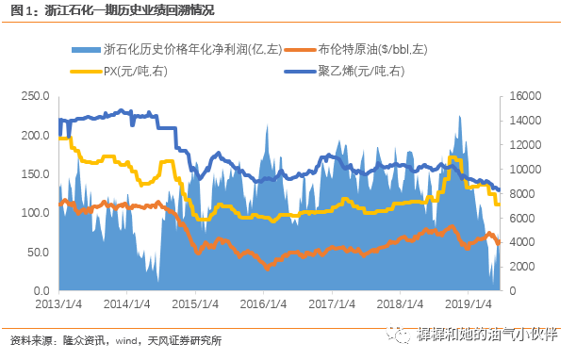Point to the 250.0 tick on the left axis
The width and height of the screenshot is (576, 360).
pos(34,95)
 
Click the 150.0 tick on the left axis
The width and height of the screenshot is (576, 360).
pos(34,173)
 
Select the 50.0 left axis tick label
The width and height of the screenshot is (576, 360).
pos(37,252)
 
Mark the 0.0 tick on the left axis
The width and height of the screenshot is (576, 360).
pos(41,290)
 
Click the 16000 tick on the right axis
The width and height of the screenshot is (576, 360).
pos(525,95)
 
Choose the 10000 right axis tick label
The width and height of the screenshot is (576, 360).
pos(525,169)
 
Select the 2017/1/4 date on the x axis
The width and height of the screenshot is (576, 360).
pos(337,305)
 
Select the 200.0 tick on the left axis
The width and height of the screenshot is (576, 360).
pos(34,135)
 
